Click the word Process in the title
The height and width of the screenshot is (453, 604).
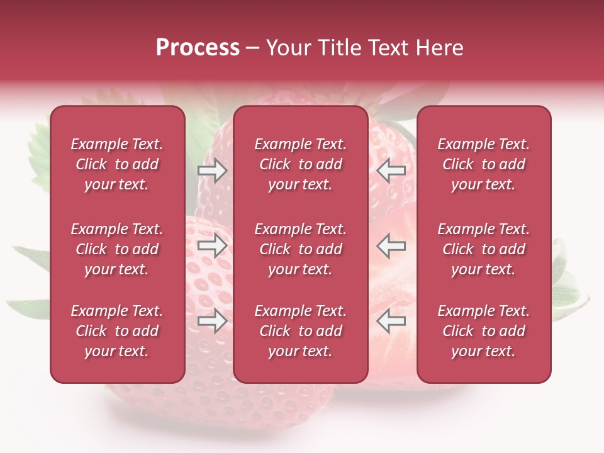[x=198, y=48]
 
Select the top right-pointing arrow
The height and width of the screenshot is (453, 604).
[x=212, y=171]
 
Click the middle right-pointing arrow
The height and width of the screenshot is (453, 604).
[x=212, y=245]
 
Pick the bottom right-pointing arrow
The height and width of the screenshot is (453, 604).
[x=212, y=321]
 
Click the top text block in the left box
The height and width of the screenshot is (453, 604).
[x=117, y=164]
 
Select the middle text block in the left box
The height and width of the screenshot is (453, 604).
[x=117, y=249]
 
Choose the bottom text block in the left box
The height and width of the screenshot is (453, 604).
[x=117, y=331]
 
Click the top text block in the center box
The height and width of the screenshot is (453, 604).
[x=301, y=164]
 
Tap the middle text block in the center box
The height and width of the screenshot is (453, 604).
[x=301, y=249]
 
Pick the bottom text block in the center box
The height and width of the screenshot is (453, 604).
[x=301, y=331]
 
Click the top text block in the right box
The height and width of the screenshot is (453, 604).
[x=484, y=164]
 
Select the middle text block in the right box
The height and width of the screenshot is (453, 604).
[x=484, y=249]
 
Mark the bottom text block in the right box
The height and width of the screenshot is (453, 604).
[x=484, y=331]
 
